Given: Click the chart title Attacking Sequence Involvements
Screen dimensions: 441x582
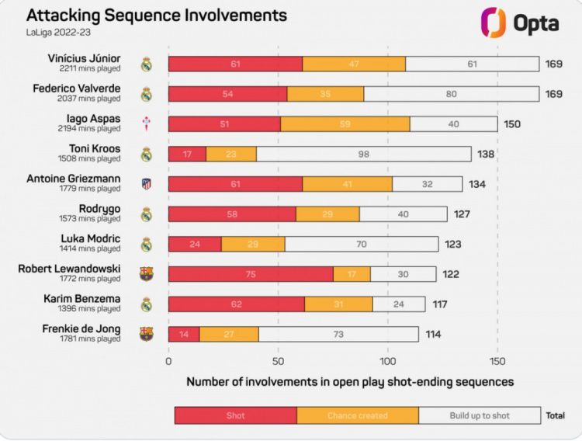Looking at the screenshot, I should tap(156, 16).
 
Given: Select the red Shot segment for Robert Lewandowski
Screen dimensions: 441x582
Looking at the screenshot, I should tap(251, 274).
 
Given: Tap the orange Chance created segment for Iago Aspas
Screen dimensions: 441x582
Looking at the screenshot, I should tap(345, 124).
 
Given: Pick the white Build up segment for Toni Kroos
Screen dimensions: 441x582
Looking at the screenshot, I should tap(363, 154).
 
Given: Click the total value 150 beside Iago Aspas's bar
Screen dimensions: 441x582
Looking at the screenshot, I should tap(512, 124).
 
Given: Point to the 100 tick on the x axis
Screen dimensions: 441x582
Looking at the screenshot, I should tap(388, 361).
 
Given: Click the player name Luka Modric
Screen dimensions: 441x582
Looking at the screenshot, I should tap(91, 238).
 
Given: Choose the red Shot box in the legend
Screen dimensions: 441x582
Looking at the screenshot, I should tap(236, 415).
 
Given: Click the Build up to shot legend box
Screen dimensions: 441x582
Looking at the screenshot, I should tap(480, 415).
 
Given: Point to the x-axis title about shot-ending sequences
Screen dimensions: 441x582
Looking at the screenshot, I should tap(350, 382).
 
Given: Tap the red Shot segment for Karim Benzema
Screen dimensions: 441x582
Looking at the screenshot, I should tap(237, 304).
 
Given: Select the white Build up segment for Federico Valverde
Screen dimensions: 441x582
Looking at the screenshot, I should tap(451, 94).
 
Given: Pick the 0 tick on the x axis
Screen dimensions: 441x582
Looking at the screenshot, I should tap(168, 361).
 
